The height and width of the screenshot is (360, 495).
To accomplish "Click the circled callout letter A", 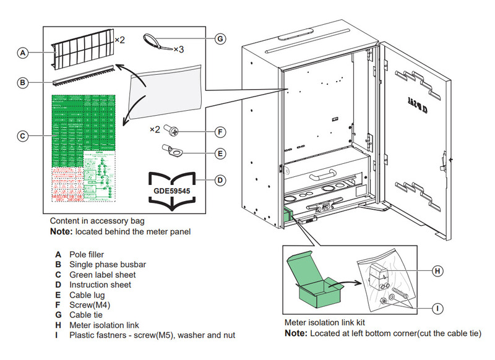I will pos(22,54).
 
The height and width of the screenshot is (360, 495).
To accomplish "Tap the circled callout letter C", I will pos(22,135).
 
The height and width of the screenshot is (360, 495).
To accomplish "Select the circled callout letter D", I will pos(220,181).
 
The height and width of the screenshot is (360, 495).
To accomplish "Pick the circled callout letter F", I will pos(220,132).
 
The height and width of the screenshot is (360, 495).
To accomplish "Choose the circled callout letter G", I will pos(220,38).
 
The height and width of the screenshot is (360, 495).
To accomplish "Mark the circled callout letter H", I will pos(437,271).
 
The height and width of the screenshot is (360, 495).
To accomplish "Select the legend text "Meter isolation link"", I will pos(104,325).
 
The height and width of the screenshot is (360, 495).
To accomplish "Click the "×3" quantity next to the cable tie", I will pos(179,49).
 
